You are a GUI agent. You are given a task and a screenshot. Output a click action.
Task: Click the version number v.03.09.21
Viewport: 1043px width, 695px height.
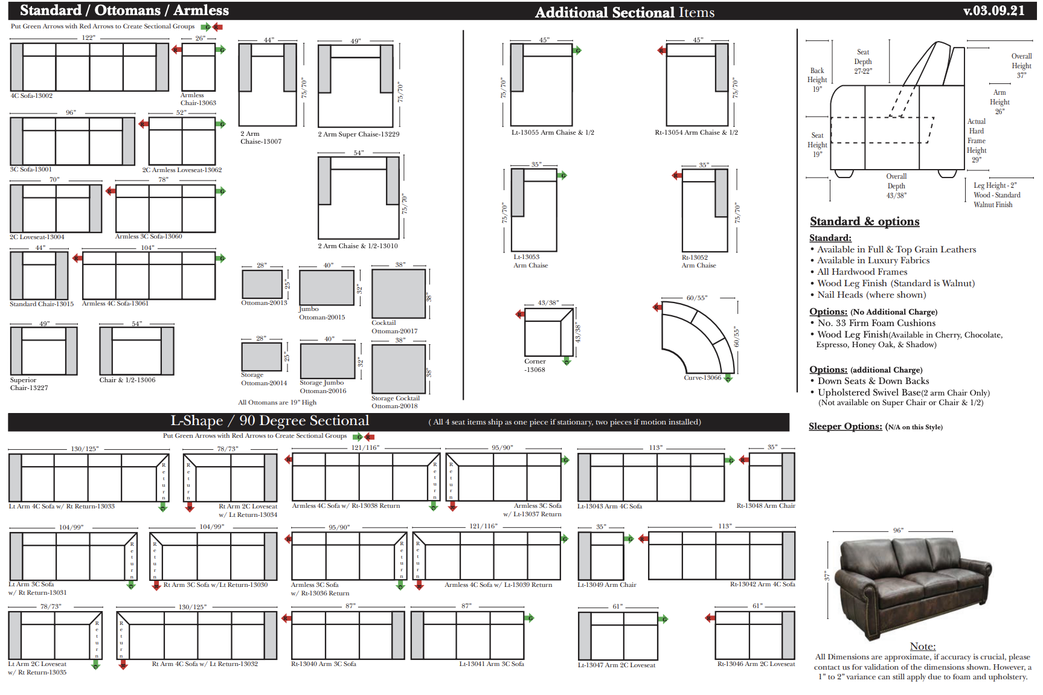993,11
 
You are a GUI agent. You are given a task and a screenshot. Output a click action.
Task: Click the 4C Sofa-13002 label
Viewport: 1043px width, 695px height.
31,95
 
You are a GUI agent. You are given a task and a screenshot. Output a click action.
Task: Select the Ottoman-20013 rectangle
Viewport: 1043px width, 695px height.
262,284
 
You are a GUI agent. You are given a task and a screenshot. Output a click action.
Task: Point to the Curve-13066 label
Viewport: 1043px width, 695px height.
702,377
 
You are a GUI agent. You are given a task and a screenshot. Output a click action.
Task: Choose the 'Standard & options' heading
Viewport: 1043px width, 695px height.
864,222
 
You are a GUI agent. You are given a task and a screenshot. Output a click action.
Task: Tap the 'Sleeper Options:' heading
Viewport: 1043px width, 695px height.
845,426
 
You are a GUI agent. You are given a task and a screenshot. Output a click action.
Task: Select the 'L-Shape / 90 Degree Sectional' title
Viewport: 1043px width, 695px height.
269,421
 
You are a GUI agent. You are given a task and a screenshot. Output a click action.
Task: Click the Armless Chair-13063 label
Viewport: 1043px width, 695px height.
197,99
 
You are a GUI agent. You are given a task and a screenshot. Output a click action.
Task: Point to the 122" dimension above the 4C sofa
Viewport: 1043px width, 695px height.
88,37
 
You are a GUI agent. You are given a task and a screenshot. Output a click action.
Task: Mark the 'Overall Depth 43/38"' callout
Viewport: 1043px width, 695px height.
896,186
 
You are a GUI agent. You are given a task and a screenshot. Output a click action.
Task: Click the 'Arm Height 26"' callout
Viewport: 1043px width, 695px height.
1000,102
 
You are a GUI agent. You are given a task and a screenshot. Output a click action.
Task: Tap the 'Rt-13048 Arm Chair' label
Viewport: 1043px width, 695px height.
765,505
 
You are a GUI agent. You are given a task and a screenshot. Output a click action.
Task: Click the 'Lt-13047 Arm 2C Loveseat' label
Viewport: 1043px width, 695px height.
616,665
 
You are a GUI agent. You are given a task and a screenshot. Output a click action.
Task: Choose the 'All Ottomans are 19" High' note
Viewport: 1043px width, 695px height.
277,402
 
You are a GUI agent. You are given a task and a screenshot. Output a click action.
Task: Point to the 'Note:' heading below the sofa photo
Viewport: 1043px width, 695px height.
922,646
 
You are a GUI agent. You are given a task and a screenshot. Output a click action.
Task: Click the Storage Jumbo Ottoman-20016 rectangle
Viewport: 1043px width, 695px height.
327,361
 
